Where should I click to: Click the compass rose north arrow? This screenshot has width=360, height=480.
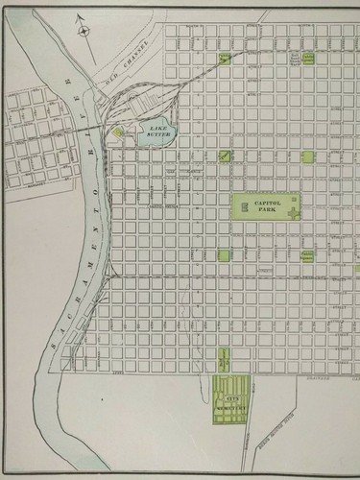(x=84, y=30)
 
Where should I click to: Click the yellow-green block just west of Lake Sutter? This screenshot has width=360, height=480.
(x=119, y=134)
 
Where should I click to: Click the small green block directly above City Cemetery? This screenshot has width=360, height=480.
(x=223, y=362)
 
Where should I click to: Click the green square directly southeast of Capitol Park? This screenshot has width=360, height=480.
(x=306, y=255)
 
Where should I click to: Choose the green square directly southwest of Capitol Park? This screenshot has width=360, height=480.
(x=223, y=255)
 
